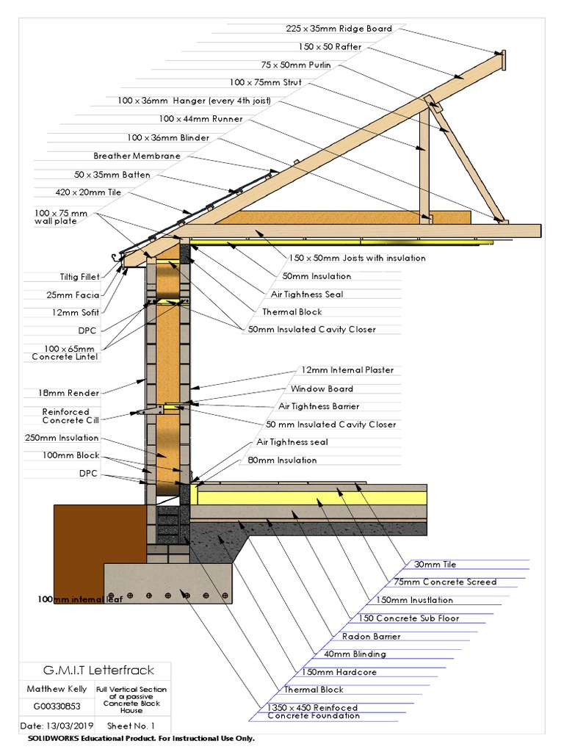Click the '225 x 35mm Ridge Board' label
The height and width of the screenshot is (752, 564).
point(339,29)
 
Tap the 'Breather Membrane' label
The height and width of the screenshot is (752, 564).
point(137,156)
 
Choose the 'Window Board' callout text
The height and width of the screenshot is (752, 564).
point(322,388)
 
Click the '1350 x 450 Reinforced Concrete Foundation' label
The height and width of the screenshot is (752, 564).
point(312,712)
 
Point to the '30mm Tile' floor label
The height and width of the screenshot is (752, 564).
point(435,564)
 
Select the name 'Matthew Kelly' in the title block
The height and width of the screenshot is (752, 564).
point(57,690)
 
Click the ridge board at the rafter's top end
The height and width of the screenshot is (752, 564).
point(504,59)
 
